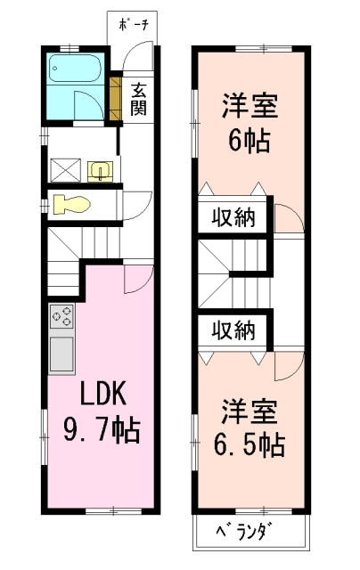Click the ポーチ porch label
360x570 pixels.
pos(134,25)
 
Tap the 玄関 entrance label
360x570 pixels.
pos(138,99)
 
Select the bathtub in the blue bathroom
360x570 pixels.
pos(75,69)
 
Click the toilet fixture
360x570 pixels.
pos(71,204)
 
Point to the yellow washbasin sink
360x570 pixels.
pos(100,171)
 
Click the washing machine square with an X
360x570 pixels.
pos(65,169)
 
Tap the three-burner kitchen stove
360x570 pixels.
pos(61,316)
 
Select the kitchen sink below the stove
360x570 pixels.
pos(61,354)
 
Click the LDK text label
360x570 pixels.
pos(102,394)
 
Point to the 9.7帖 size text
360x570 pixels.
pos(102,430)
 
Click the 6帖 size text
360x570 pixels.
pos(250,141)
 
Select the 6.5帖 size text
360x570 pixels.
pos(250,444)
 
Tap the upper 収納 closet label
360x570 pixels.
pos(233,217)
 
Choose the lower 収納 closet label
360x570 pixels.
pos(233,330)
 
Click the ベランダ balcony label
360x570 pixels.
pos(244,532)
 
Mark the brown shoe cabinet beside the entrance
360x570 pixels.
pos(115,98)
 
